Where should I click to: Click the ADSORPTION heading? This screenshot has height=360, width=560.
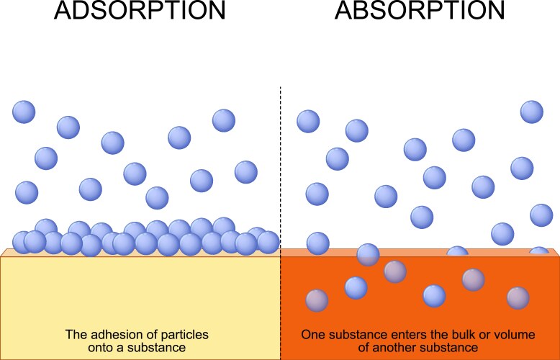click(x=140, y=12)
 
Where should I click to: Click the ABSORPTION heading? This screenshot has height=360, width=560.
click(x=420, y=12)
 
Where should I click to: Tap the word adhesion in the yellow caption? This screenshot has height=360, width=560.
click(x=118, y=335)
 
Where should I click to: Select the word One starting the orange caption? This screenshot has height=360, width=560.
click(x=312, y=335)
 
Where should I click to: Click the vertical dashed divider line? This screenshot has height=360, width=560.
click(x=280, y=166)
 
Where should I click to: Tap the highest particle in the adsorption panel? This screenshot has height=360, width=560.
click(x=24, y=112)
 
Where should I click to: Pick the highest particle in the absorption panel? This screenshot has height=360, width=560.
click(x=531, y=112)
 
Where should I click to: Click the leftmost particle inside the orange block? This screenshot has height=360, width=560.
click(x=317, y=300)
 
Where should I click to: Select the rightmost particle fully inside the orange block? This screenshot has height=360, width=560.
click(x=518, y=297)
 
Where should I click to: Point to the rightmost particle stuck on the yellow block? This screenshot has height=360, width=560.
click(x=268, y=242)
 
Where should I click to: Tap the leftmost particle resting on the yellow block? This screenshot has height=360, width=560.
click(x=23, y=243)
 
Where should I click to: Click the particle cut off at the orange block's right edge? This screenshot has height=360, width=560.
click(x=538, y=253)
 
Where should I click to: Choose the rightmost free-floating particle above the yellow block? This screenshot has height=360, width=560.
click(x=245, y=171)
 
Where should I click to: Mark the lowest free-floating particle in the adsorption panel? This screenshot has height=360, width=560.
click(x=157, y=197)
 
